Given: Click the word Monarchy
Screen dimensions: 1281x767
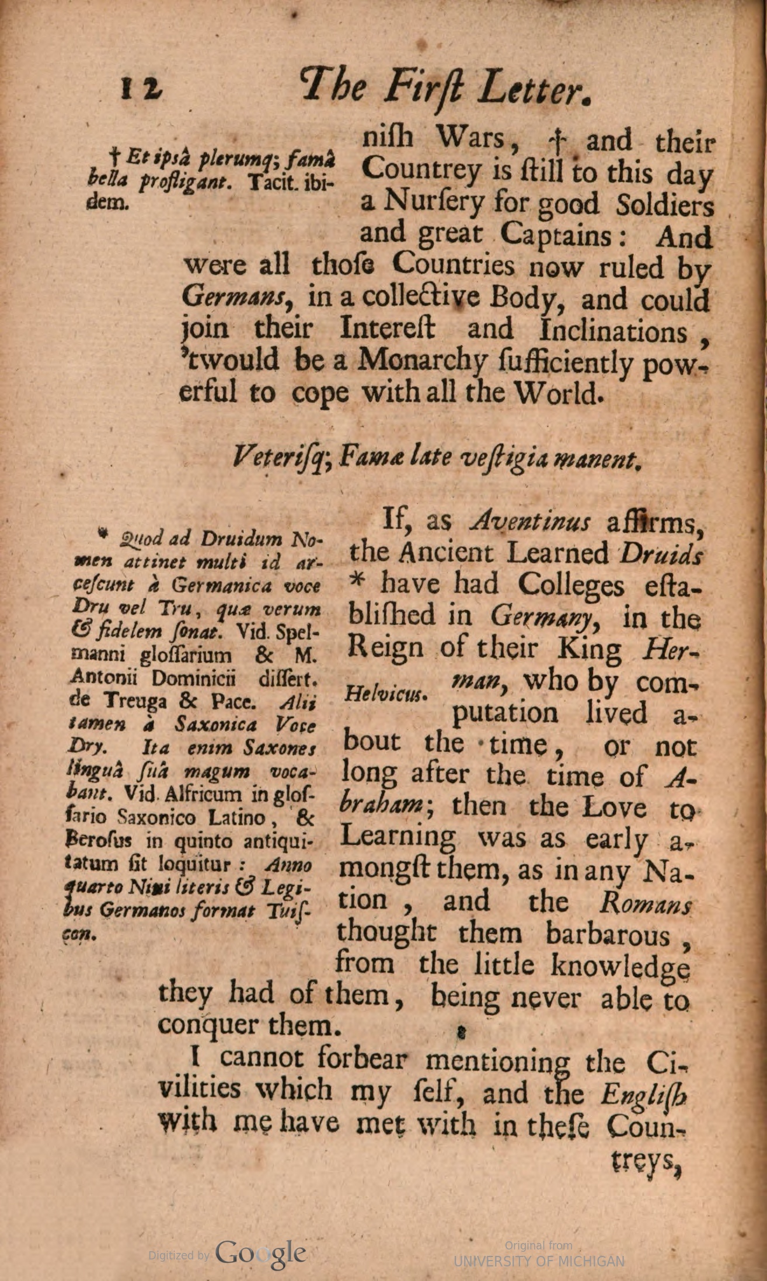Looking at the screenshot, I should coord(421,363).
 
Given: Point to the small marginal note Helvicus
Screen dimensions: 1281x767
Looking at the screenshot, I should coord(386,694).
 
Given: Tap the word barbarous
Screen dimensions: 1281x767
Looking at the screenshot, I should coord(608,934).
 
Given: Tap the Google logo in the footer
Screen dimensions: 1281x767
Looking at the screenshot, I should coord(260,1252).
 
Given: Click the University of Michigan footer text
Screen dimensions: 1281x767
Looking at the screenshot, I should coord(539,1260).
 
